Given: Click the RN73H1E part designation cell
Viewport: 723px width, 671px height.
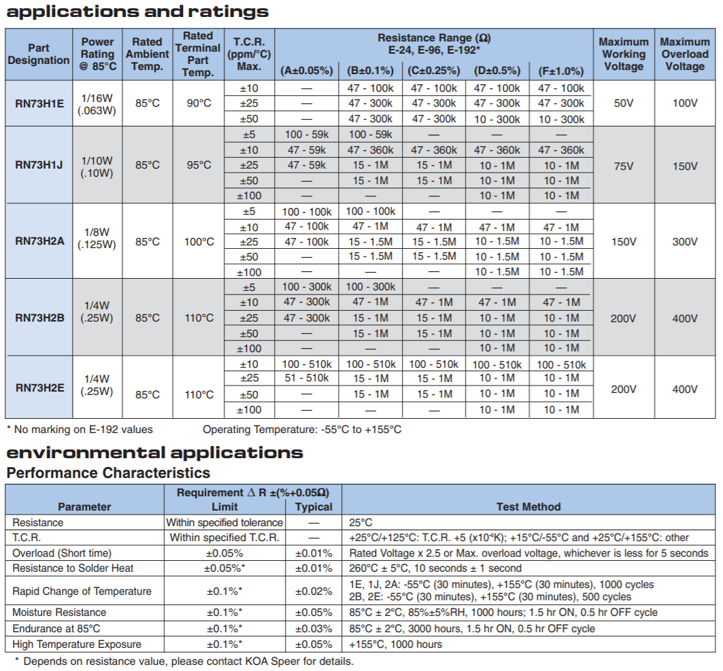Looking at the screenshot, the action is tap(39, 103).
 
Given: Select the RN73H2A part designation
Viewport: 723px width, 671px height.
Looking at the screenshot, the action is tap(39, 241).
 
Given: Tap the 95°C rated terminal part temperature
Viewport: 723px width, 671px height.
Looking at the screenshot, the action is tap(199, 165).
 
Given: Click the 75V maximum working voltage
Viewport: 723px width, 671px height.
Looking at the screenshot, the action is tap(624, 166).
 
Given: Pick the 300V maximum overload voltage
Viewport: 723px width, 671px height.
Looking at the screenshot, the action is tap(685, 241).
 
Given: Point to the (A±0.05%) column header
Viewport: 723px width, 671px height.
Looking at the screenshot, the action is tap(307, 71).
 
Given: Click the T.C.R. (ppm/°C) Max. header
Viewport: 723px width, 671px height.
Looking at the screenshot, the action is tap(249, 54).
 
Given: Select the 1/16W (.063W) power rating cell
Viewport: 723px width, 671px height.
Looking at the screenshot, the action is tap(97, 104).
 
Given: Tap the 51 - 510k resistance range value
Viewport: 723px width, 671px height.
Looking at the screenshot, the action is tap(307, 379).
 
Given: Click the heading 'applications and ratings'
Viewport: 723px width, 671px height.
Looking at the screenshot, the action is tap(137, 12).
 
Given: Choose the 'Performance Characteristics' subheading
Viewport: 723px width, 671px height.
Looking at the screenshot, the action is tap(108, 473).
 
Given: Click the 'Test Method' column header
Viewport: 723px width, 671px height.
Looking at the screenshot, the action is tap(528, 507).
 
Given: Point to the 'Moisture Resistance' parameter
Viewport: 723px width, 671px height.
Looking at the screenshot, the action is tap(59, 613).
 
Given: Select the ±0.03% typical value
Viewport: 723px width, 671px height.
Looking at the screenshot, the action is tap(314, 629).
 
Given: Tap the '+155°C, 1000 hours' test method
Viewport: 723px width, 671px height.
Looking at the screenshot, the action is tap(396, 644).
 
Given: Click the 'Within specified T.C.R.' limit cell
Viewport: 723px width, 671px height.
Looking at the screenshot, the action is tap(224, 538).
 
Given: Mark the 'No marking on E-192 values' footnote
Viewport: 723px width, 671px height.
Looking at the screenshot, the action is tap(80, 430).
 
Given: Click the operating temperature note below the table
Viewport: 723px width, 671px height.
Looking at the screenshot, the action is tap(302, 430).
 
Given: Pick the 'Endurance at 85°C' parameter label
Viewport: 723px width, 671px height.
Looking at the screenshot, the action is tap(56, 629).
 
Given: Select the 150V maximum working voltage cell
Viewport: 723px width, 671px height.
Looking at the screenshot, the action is tap(624, 241).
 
